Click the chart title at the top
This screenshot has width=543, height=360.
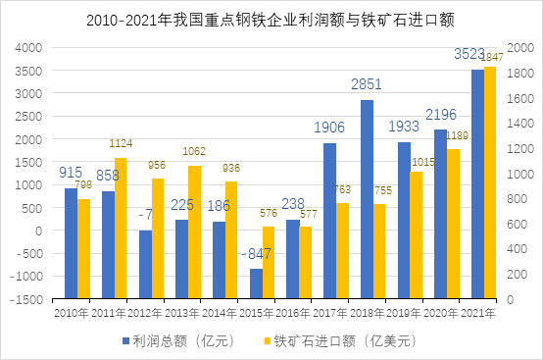click(x=271, y=19)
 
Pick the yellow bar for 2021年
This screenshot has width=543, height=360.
click(x=490, y=182)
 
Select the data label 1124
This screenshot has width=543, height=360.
click(x=121, y=146)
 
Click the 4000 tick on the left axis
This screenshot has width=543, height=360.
click(x=31, y=47)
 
